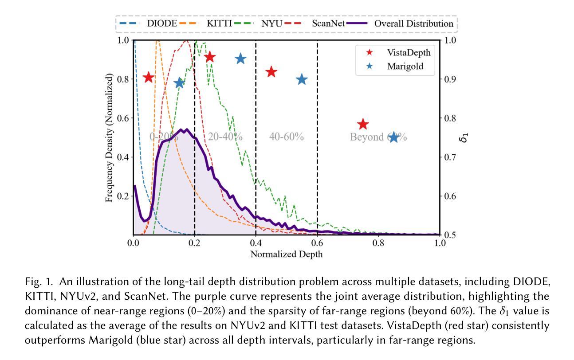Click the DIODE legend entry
tap(148, 23)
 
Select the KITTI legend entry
tap(205, 23)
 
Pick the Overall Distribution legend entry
tap(400, 23)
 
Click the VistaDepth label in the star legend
tap(409, 52)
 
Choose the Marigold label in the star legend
tap(405, 67)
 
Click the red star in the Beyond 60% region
tap(363, 124)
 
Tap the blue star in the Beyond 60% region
tap(394, 137)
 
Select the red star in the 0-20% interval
tap(148, 77)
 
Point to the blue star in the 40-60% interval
tap(302, 79)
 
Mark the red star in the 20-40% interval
tap(210, 57)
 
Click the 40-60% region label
tap(287, 137)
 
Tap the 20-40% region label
tap(225, 137)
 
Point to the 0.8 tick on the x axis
tap(378, 243)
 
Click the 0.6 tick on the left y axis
tap(123, 118)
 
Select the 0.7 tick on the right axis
tap(450, 157)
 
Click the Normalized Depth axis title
tap(287, 254)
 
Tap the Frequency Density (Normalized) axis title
tap(109, 138)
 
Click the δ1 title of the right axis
tap(464, 137)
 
